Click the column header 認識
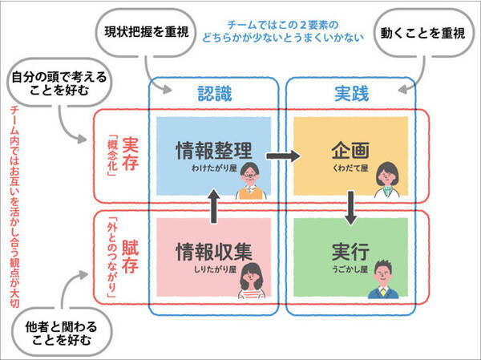pyautogui.click(x=214, y=94)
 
